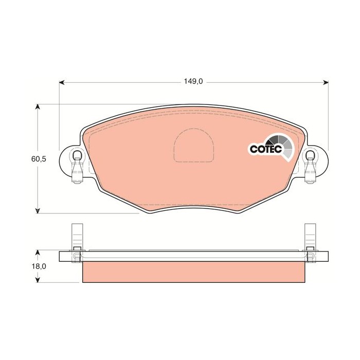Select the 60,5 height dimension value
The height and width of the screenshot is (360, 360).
[x=39, y=159]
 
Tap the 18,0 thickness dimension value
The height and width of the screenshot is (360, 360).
[x=39, y=266]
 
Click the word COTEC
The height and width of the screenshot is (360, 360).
[x=264, y=149]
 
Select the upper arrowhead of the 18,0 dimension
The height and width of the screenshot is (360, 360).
[x=38, y=253]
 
